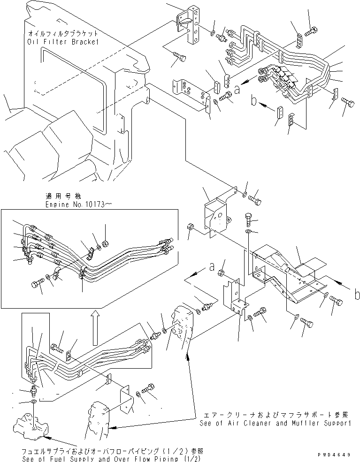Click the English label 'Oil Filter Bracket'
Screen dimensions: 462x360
[x=63, y=41]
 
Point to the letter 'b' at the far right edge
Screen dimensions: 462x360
[x=357, y=295]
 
